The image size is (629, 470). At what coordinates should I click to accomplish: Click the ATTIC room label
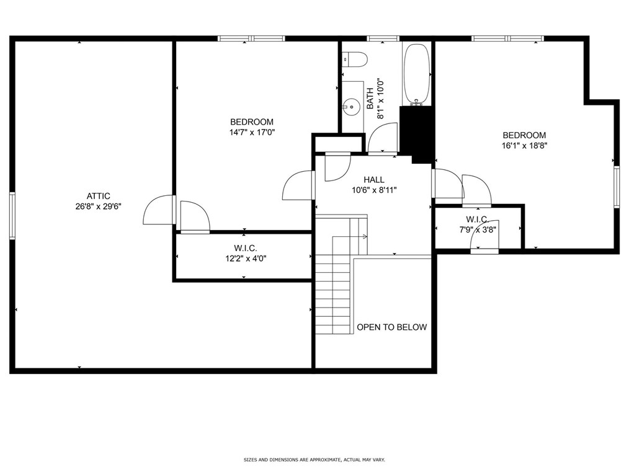click(x=98, y=196)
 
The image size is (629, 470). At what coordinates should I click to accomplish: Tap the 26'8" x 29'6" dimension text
click(x=98, y=207)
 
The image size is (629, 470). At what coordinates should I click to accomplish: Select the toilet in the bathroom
click(x=355, y=60)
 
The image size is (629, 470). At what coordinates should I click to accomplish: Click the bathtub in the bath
click(x=417, y=74)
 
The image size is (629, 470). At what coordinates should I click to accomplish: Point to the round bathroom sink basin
click(x=350, y=107)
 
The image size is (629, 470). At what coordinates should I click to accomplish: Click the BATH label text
click(x=370, y=99)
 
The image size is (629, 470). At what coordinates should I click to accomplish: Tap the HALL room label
click(x=374, y=180)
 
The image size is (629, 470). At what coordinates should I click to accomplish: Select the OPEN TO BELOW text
click(x=392, y=327)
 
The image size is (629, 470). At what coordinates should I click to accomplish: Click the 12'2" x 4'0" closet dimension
click(x=246, y=259)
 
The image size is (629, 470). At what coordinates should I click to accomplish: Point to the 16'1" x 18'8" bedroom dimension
click(x=524, y=146)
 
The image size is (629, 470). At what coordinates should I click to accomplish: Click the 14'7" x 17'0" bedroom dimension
click(x=251, y=132)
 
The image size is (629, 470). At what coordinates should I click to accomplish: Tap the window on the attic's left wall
click(x=12, y=216)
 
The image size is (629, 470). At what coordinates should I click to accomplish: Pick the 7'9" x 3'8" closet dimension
click(x=478, y=230)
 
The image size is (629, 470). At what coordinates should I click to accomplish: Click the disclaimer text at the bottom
click(x=314, y=459)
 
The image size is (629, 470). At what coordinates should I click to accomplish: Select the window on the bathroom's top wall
click(x=383, y=38)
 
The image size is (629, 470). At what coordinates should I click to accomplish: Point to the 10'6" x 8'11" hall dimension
click(x=374, y=190)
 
